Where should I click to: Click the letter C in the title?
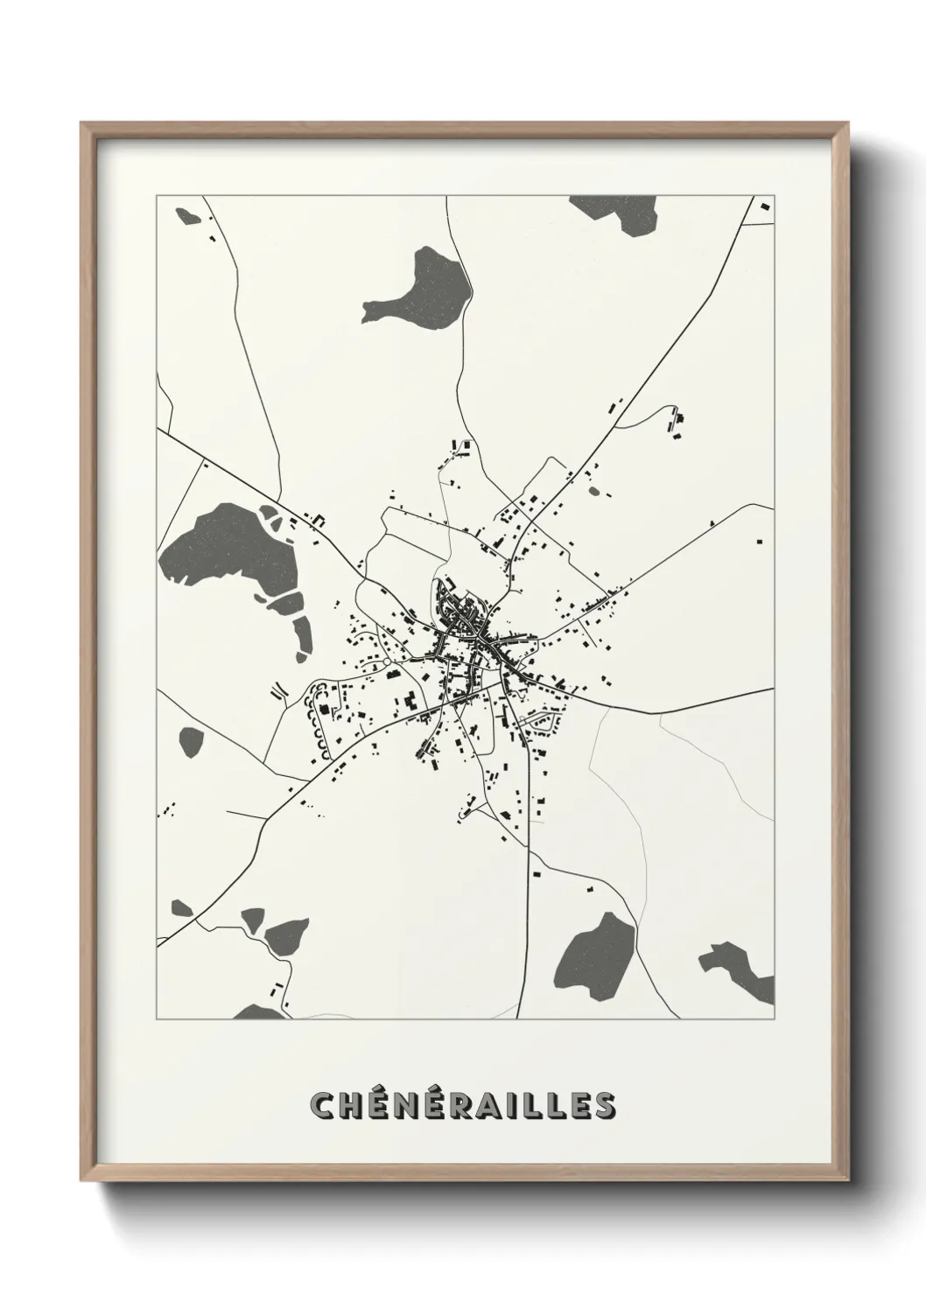pyautogui.click(x=325, y=1105)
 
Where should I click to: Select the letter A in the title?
pyautogui.click(x=494, y=1105)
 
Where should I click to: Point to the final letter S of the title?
pyautogui.click(x=602, y=1105)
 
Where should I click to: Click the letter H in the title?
pyautogui.click(x=354, y=1105)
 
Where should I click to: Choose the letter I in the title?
pyautogui.click(x=516, y=1105)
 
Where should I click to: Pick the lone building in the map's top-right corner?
pyautogui.click(x=764, y=206)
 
